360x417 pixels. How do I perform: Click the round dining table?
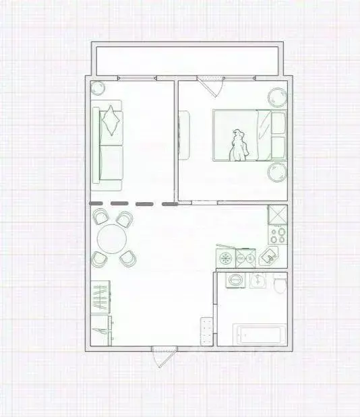click(112, 238)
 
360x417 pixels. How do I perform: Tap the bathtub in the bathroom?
click(260, 335)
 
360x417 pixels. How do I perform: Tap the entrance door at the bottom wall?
click(163, 354)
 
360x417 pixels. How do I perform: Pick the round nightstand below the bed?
click(277, 173)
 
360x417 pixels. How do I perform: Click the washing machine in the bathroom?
click(235, 280)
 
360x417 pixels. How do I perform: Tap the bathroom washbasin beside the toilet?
click(257, 280)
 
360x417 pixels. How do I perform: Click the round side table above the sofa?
click(98, 88)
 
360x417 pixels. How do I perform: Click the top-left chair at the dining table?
click(101, 217)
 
